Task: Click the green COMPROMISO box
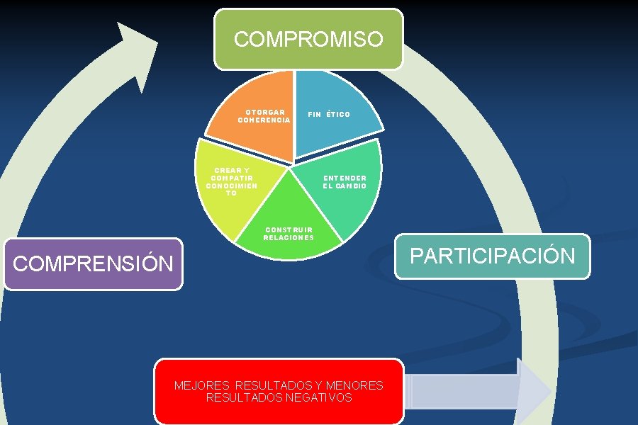pos(308,39)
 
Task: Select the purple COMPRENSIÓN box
pos(93,264)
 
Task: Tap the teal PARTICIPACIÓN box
pos(493,256)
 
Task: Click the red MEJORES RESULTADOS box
pos(279,391)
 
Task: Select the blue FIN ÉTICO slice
pos(333,106)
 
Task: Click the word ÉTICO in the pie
pos(338,115)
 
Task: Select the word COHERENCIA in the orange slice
pos(264,120)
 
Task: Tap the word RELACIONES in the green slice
pos(289,238)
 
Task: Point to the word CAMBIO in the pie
pos(351,186)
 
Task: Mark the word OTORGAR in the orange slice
pos(266,112)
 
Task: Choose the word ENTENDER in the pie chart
pos(345,178)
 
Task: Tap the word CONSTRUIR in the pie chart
pos(289,229)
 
